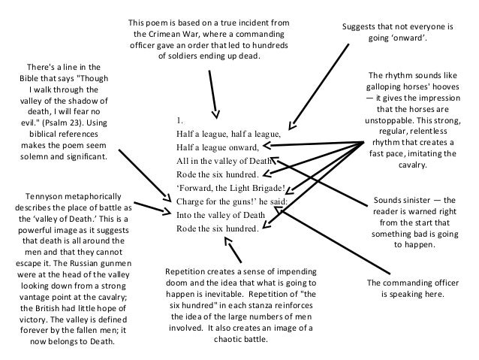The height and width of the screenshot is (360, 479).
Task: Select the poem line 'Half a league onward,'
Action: (217, 147)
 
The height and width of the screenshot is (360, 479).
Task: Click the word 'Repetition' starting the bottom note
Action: (188, 271)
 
